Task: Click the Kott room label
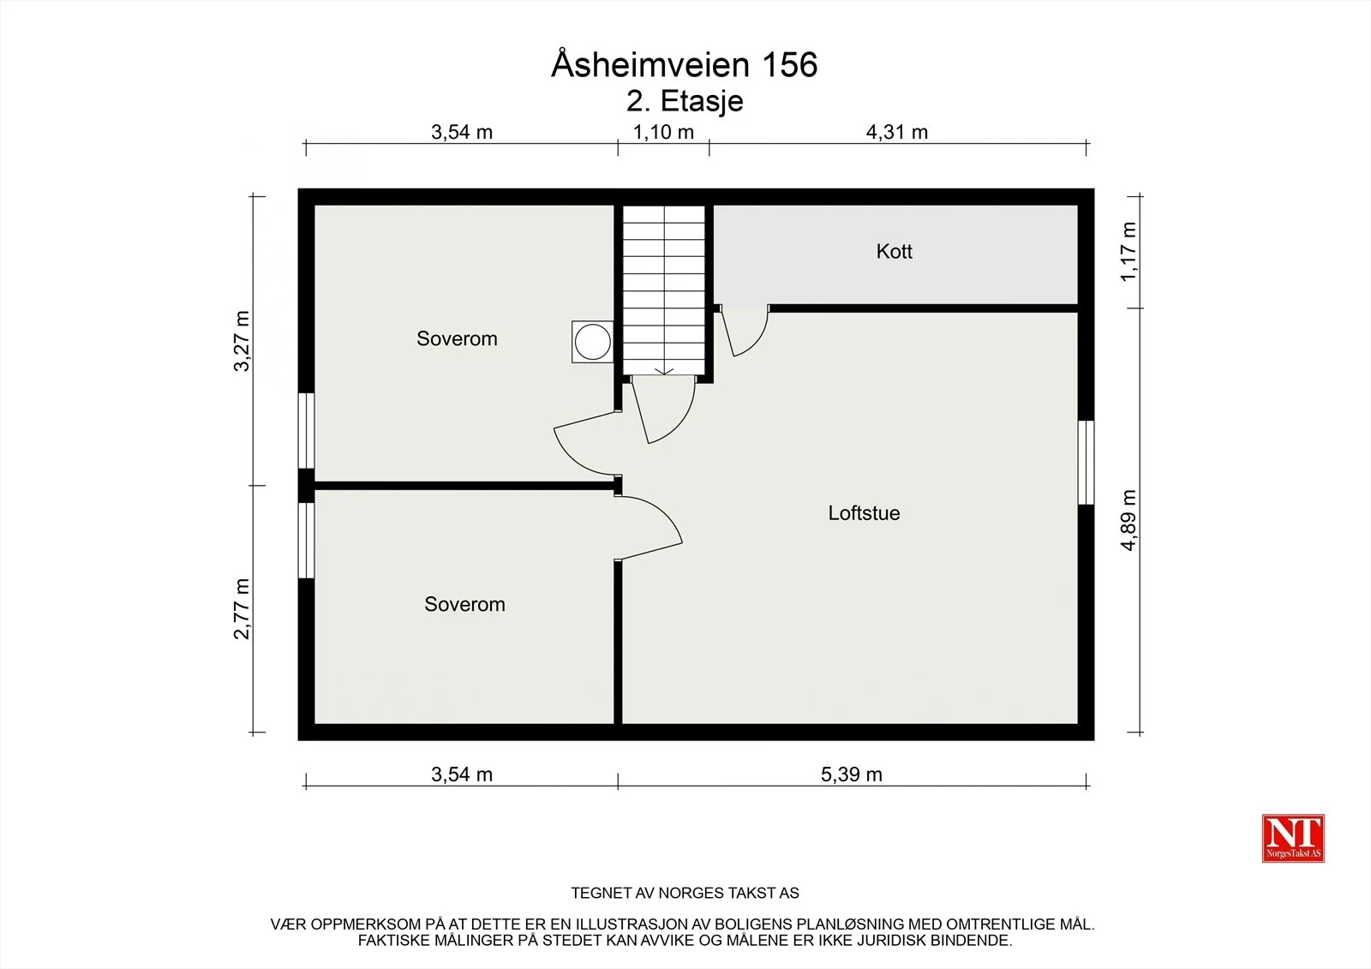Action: pos(894,251)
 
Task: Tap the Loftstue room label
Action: pos(864,513)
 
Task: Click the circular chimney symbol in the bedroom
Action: pos(592,342)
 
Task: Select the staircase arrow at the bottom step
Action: pos(664,370)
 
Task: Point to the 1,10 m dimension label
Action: pos(663,132)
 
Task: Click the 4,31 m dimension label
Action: pos(896,132)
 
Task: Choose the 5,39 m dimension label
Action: pos(852,775)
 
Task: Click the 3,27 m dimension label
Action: pos(242,341)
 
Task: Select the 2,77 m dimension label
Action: pos(242,608)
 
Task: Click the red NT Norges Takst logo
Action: pos(1293,838)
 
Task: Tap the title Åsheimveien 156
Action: pos(685,64)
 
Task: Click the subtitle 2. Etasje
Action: pos(685,101)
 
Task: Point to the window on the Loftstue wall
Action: pos(1086,462)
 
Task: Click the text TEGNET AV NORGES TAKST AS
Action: pos(685,893)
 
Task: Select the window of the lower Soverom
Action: pos(306,541)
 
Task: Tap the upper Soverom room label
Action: pos(457,338)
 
